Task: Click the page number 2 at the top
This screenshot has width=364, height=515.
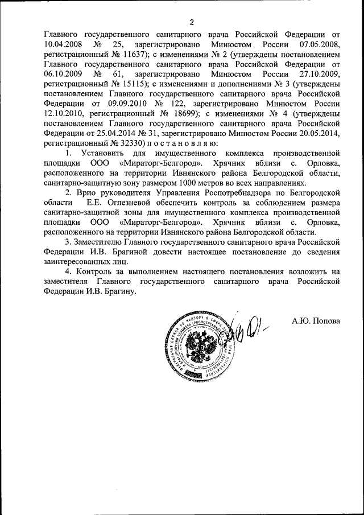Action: [x=192, y=23]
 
